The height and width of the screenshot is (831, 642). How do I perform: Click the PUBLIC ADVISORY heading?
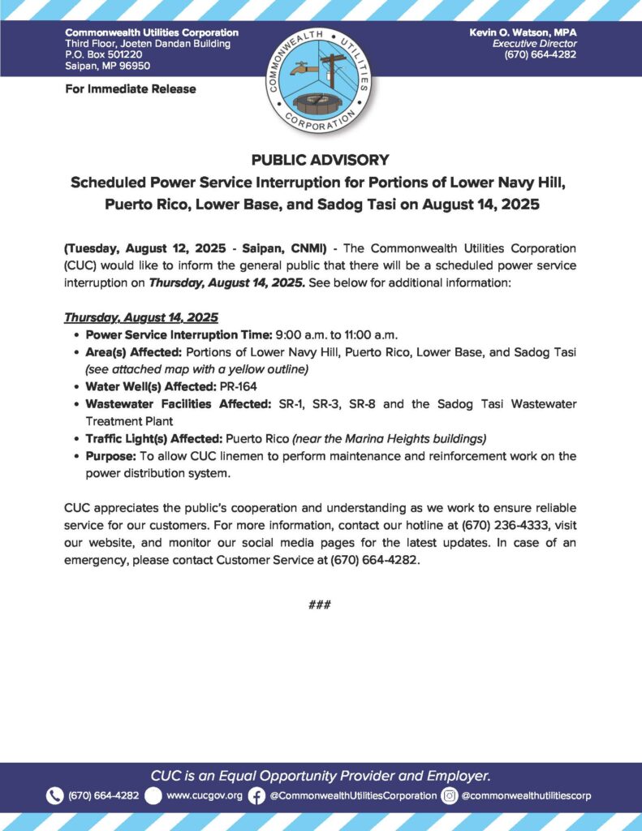pos(321,160)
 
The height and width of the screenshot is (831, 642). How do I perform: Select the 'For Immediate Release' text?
pos(130,88)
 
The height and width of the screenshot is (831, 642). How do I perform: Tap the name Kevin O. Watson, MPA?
pos(523,32)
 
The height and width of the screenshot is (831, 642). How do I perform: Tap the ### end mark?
pos(320,605)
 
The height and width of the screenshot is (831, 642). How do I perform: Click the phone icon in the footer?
pos(54,795)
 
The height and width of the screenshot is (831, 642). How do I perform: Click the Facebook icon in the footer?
pos(256,795)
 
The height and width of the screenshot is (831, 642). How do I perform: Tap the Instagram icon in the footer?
pos(450,795)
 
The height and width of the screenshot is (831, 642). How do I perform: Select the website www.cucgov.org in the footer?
pos(204,795)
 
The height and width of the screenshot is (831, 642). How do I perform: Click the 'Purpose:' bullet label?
pos(110,456)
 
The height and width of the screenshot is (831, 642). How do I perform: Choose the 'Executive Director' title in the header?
pos(535,43)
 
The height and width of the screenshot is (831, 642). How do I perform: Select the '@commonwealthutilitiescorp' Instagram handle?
pos(526,795)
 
